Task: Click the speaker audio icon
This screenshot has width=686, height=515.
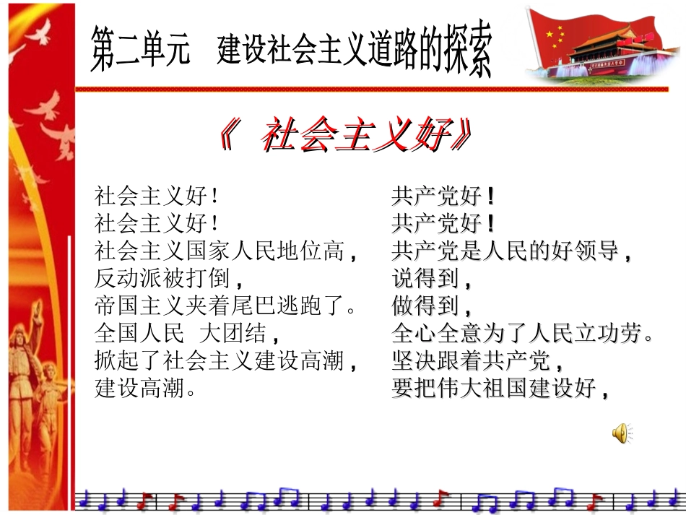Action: click(620, 433)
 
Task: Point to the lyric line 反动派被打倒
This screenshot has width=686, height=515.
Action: click(166, 278)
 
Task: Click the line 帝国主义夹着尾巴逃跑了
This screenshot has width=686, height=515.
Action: click(227, 306)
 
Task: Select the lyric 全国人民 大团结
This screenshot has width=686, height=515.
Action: click(187, 334)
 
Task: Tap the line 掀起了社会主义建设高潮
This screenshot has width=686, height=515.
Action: click(227, 361)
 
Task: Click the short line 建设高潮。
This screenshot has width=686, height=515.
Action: click(147, 389)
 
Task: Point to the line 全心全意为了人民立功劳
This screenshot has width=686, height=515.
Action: click(524, 334)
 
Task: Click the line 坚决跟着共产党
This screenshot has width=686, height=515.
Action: click(477, 361)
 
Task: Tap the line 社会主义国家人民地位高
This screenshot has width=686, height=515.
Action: click(227, 251)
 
